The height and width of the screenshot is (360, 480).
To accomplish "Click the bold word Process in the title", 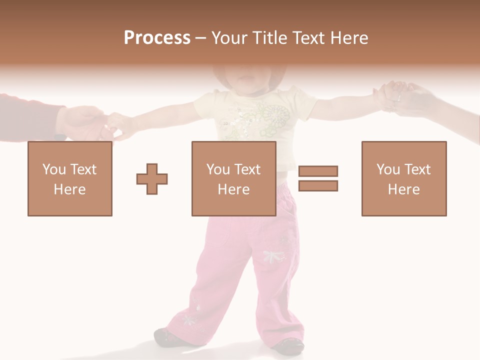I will click(x=157, y=37).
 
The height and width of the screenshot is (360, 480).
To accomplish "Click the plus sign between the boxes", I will click(x=152, y=179).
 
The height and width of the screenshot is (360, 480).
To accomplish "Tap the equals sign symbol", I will click(x=318, y=178).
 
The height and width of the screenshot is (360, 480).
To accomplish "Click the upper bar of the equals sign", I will click(x=318, y=171).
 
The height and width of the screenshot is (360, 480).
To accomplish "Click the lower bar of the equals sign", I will click(x=318, y=186).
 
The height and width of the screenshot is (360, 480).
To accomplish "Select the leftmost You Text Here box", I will click(x=70, y=178).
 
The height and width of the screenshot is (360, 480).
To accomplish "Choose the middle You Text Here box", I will click(x=233, y=178).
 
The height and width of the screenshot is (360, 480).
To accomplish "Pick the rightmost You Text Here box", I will click(x=404, y=178).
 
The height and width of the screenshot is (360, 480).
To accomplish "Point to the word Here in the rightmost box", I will click(x=404, y=189).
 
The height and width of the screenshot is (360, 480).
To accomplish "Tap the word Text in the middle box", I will click(x=247, y=169).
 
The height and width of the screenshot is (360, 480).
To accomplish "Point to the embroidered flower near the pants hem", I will click(x=189, y=319).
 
